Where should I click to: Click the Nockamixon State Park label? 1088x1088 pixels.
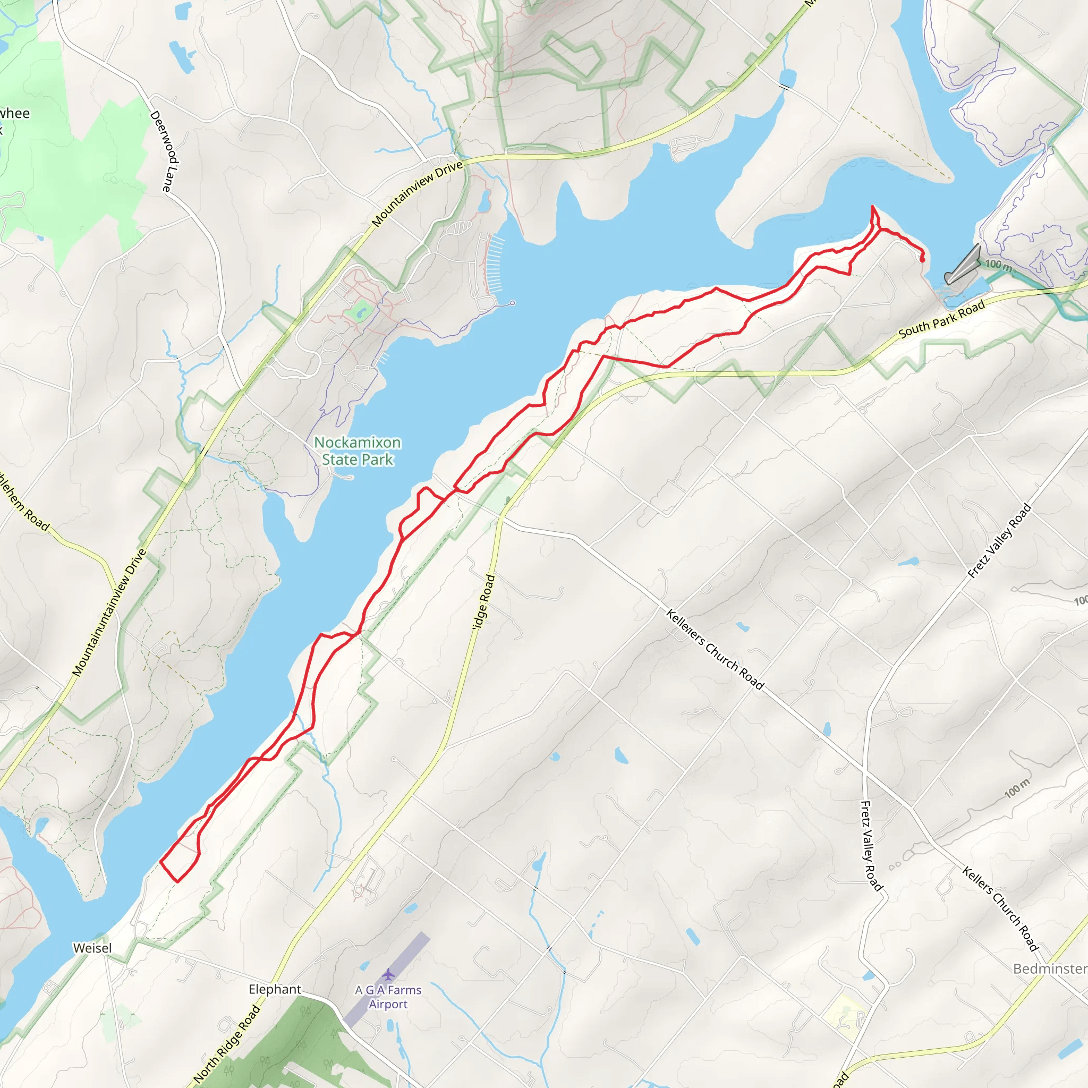click(x=357, y=451)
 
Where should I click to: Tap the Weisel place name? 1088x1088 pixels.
click(x=92, y=948)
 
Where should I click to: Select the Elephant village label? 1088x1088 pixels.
click(x=275, y=989)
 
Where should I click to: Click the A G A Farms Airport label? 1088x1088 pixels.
click(x=388, y=997)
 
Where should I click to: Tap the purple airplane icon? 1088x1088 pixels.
click(x=388, y=974)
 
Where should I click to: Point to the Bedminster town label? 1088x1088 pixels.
click(x=1050, y=968)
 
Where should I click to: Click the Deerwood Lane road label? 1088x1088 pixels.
click(x=165, y=151)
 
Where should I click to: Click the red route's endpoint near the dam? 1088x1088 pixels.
click(x=922, y=260)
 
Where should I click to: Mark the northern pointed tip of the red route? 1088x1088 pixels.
click(x=873, y=207)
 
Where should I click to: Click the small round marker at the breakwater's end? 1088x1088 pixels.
click(x=512, y=303)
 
